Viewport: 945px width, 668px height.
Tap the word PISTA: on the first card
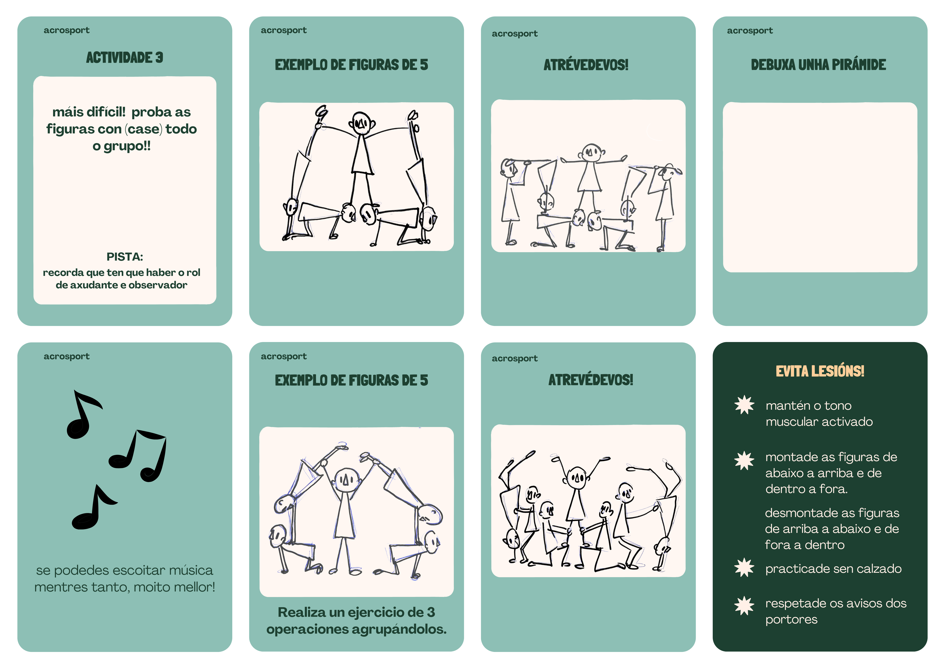[125, 257]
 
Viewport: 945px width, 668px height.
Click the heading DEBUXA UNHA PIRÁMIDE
[818, 65]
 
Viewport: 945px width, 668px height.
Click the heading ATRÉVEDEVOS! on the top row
[586, 65]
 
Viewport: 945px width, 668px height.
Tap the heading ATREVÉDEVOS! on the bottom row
[591, 379]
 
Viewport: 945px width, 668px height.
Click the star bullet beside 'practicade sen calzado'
[744, 568]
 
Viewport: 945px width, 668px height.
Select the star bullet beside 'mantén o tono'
[744, 405]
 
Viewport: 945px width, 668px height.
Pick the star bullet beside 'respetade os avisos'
[744, 606]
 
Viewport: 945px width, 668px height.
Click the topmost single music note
[84, 414]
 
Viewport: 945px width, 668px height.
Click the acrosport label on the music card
[67, 356]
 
